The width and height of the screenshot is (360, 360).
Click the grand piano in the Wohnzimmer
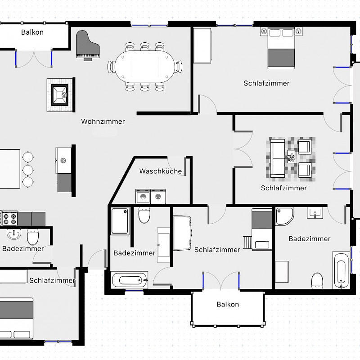coord(87,45)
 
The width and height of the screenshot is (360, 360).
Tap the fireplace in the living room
coord(60,95)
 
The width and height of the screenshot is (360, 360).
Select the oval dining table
coord(144,66)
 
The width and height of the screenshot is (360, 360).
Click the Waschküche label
coord(161,171)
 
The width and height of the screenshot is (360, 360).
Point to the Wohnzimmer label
coord(103,121)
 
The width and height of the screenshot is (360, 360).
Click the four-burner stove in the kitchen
coord(9,218)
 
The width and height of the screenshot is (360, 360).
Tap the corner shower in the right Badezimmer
coord(284,216)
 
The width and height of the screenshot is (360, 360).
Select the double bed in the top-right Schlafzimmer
coord(281,48)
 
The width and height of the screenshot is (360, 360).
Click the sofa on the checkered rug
coord(278,158)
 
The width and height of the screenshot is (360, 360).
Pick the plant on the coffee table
coord(291,157)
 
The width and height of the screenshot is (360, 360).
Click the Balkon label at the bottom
coord(228,305)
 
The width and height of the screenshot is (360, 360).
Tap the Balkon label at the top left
coord(32,32)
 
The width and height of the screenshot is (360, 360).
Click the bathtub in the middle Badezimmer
coord(129,280)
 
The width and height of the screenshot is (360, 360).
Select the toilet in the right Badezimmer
coord(317,280)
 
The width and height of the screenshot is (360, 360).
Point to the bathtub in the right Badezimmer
coord(341,270)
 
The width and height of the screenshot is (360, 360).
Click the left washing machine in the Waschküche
coord(143,197)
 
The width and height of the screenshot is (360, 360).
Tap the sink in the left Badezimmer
coord(14,234)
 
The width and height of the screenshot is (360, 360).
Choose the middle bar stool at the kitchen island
coord(28,170)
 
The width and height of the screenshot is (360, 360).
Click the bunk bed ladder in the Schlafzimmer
coord(247,243)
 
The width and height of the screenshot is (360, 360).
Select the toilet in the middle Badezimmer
coord(144,215)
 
